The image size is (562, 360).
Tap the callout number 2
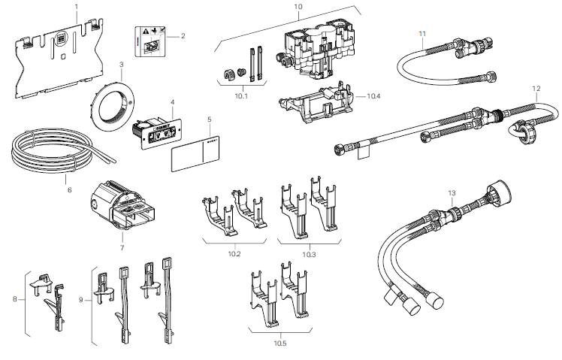(x=183, y=35)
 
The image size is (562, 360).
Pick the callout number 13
(x=452, y=193)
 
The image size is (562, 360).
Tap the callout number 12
(x=536, y=89)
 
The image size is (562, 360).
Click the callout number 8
(x=14, y=300)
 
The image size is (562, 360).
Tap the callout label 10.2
(x=234, y=255)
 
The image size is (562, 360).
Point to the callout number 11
(x=422, y=33)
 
